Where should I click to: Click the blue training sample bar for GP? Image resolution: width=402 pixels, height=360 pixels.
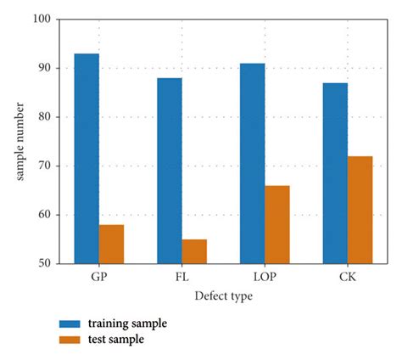click(87, 159)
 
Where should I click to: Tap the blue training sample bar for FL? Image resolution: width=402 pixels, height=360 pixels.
click(169, 171)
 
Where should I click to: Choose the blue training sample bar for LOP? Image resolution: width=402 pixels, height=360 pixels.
click(252, 163)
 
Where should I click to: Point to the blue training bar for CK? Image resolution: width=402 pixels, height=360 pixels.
click(335, 173)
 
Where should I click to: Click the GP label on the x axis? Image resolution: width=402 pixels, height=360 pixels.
click(98, 277)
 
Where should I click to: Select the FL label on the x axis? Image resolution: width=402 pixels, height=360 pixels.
click(181, 277)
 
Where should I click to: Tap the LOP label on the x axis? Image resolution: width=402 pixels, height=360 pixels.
click(265, 277)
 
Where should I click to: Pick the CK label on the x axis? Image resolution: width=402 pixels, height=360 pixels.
click(347, 277)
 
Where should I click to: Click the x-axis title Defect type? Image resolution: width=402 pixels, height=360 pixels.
click(222, 296)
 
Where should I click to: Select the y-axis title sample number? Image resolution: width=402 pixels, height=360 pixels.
click(20, 140)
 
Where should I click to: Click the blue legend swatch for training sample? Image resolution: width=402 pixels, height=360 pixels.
click(70, 324)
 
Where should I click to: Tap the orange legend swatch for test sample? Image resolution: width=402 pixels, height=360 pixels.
click(70, 340)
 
